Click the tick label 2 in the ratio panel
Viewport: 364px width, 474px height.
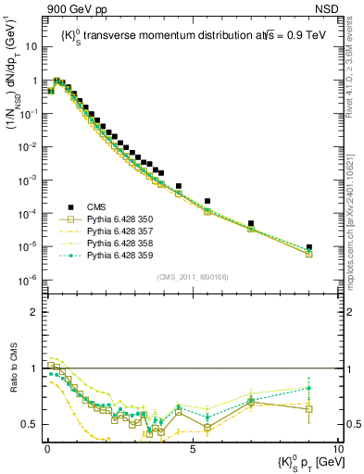coord(34,312)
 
